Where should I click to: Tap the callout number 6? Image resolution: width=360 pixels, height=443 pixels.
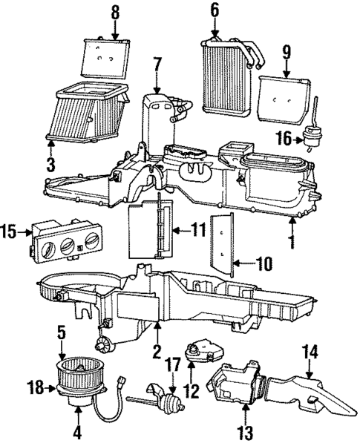click(x=215, y=10)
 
